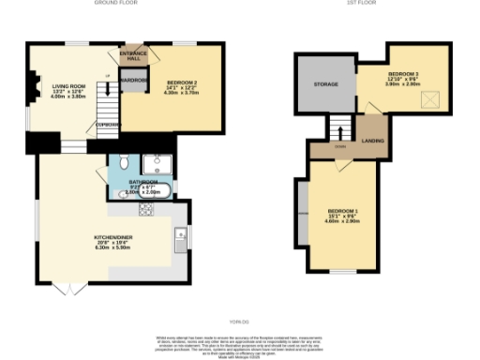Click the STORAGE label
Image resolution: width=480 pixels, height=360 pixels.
[325, 84]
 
